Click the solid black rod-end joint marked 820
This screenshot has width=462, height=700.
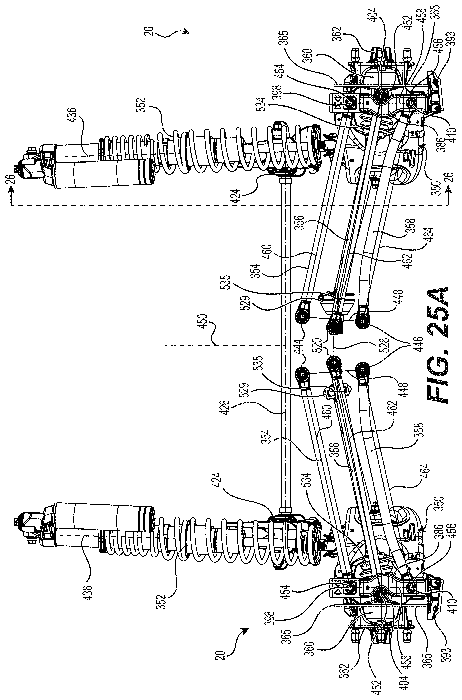(334, 326)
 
